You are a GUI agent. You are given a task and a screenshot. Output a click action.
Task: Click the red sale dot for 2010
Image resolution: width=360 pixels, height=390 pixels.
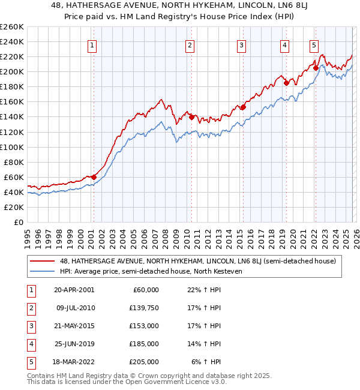191,117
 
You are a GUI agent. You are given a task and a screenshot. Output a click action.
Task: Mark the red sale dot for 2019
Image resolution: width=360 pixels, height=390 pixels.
287,83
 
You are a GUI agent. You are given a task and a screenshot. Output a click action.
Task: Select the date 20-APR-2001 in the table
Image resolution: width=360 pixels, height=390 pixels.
74,290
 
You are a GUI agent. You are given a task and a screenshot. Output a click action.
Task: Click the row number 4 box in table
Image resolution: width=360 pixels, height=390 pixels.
30,344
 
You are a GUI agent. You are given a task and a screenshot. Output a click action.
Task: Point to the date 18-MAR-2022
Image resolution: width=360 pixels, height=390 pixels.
74,362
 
